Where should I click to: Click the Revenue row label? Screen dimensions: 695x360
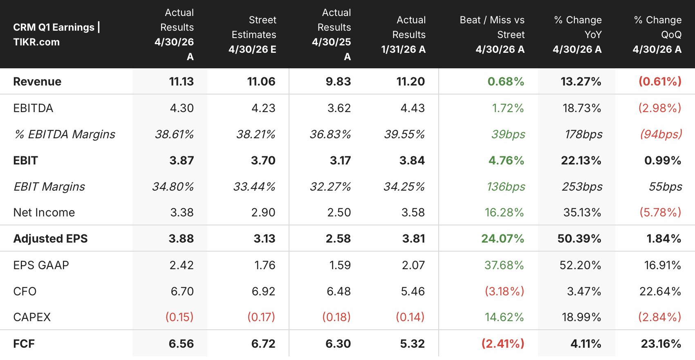37,81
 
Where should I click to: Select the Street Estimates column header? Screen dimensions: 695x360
252,34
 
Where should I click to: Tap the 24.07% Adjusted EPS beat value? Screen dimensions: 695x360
502,239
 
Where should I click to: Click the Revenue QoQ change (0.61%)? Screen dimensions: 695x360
660,81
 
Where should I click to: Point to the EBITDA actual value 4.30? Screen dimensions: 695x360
182,108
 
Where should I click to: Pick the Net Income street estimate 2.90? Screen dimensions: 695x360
263,212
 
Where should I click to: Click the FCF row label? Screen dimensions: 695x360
24,344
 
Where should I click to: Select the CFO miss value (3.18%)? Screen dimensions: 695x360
504,291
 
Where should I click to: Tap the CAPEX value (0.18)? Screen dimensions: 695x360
336,317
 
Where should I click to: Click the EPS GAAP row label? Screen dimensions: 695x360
41,265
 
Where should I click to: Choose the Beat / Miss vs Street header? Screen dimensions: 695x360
492,34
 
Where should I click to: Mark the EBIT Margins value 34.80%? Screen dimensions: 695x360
173,187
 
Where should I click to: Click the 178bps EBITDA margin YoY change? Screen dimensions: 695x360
584,134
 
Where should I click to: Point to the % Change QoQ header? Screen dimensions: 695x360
657,34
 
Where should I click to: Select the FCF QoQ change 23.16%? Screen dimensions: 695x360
661,344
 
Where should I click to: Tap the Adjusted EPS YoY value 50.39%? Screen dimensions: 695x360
579,239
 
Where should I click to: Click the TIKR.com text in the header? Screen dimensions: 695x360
36,42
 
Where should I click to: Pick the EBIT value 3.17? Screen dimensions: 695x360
341,160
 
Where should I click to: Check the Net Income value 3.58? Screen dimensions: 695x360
413,212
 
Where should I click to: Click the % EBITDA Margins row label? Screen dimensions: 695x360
65,134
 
